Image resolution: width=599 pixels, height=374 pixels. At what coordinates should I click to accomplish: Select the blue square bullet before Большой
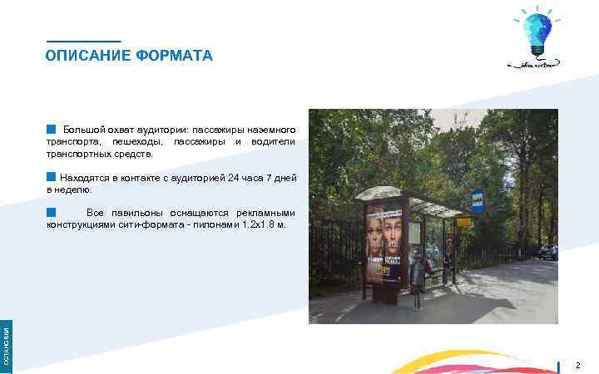52,130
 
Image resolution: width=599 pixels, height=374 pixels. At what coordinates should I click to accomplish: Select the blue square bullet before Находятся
52,177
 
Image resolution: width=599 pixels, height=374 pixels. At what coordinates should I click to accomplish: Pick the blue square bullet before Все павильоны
52,213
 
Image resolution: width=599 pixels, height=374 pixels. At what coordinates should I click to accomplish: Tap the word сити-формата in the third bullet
145,225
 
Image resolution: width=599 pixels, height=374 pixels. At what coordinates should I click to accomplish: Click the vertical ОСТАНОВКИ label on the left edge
6,345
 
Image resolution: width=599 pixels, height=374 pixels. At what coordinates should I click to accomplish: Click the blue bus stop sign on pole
478,199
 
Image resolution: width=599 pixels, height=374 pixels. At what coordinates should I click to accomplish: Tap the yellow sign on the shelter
463,222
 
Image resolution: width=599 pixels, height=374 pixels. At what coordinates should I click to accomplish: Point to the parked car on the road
547,252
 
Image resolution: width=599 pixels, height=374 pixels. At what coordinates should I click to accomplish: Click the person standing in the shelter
447,258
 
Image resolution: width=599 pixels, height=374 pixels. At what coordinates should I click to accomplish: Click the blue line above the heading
83,42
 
